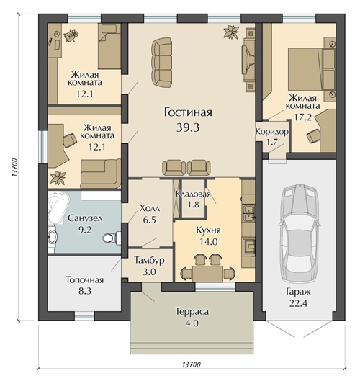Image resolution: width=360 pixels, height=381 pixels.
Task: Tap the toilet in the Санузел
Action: click(x=112, y=238)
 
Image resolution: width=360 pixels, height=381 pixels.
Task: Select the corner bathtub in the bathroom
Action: click(x=58, y=207)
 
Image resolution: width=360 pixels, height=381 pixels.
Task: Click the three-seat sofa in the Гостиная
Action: click(x=162, y=63)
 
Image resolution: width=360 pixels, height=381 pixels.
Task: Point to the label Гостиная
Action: click(x=188, y=112)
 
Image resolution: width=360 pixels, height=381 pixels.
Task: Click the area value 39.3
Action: click(x=188, y=127)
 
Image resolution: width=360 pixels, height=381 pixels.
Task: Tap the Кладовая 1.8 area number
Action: click(x=194, y=205)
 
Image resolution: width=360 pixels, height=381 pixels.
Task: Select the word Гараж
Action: click(x=298, y=292)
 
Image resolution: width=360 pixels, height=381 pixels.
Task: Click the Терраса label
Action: click(x=192, y=312)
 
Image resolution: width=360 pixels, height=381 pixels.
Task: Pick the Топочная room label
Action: click(x=85, y=280)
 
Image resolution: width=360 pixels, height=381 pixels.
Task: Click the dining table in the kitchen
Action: click(x=207, y=274)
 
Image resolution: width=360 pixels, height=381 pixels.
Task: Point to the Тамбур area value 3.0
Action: click(x=149, y=272)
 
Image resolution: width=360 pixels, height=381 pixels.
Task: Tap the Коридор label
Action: click(x=272, y=132)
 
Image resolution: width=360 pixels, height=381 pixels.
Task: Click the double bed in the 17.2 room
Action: click(x=312, y=69)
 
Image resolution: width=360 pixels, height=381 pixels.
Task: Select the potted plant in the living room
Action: click(x=231, y=32)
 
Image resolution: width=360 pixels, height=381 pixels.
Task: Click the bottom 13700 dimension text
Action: click(x=192, y=364)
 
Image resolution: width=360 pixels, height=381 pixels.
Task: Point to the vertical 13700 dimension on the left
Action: click(x=14, y=168)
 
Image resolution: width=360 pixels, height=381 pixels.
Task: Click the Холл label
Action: click(x=150, y=208)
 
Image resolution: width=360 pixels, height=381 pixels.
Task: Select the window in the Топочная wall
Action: click(x=84, y=315)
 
